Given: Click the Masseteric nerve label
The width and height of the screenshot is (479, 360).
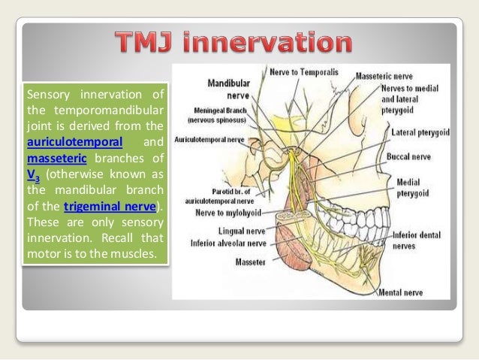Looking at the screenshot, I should coord(405,77).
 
